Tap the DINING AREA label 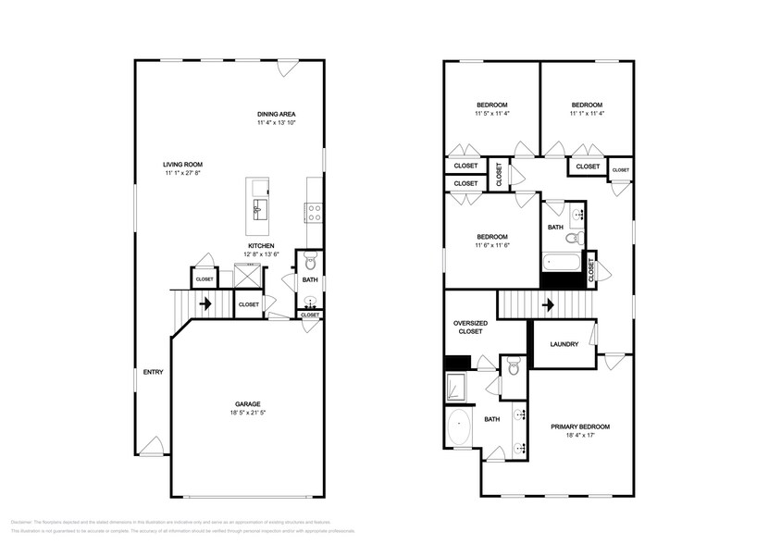point(276,113)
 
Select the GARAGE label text point(247,403)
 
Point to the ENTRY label point(154,372)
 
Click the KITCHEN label point(260,245)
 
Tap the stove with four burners point(314,213)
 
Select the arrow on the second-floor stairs point(547,303)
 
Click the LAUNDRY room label point(564,344)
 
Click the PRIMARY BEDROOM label point(580,427)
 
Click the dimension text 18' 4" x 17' point(580,436)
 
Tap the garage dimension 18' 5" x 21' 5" point(247,414)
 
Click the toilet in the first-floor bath point(311,258)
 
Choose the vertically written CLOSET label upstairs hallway point(499,176)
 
